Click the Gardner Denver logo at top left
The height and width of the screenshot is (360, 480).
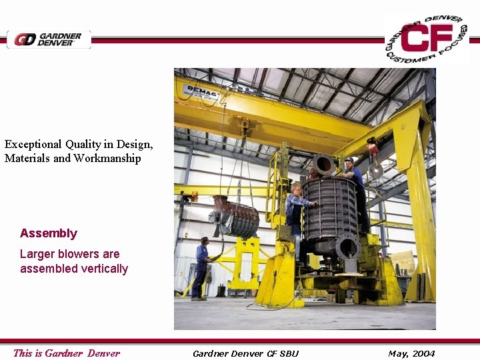[49, 39]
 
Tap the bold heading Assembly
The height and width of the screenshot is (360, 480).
[49, 233]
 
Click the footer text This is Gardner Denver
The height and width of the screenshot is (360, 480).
[67, 353]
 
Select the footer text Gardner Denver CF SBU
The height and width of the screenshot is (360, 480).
[245, 353]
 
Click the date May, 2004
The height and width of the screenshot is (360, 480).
[411, 353]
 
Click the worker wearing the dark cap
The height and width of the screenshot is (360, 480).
[351, 175]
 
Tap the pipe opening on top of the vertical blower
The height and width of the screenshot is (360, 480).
[324, 164]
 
